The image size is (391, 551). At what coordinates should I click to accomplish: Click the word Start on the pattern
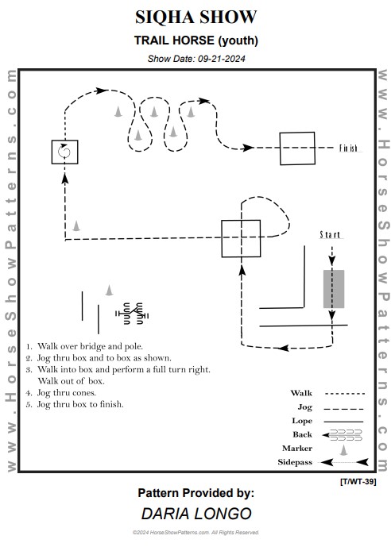(x=330, y=234)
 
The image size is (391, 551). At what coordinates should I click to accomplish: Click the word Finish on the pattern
(x=348, y=148)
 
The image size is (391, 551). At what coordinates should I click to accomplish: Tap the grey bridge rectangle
(x=334, y=289)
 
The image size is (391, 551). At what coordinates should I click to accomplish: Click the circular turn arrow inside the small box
(x=64, y=152)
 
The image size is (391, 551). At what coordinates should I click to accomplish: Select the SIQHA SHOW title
(x=195, y=17)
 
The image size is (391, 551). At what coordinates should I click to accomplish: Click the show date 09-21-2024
(x=222, y=59)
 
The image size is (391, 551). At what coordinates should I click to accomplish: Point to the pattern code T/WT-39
(x=358, y=481)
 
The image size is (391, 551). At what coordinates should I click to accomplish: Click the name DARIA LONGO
(x=196, y=514)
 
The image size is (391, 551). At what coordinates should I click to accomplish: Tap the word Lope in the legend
(x=302, y=421)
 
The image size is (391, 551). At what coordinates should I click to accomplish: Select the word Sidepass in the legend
(x=295, y=462)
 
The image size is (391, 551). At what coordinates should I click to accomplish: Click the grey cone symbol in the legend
(x=343, y=449)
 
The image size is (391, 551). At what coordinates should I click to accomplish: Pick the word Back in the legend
(x=303, y=434)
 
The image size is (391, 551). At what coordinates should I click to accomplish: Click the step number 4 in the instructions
(x=29, y=393)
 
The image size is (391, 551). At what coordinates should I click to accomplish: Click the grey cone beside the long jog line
(x=76, y=225)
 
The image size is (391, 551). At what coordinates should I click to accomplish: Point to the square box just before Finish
(x=297, y=148)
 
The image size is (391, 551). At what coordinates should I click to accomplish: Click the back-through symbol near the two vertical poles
(x=132, y=313)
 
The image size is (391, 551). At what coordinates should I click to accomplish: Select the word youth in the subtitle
(x=238, y=40)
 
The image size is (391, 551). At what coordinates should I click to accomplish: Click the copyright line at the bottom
(x=195, y=533)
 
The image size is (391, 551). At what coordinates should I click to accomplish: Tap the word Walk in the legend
(x=301, y=393)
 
